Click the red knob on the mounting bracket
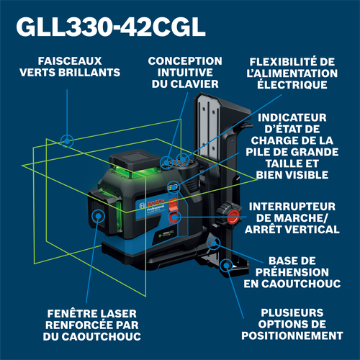[x=232, y=215]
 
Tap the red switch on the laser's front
[x=174, y=217]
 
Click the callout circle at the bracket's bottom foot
[x=227, y=266]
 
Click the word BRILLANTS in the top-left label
[x=90, y=72]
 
